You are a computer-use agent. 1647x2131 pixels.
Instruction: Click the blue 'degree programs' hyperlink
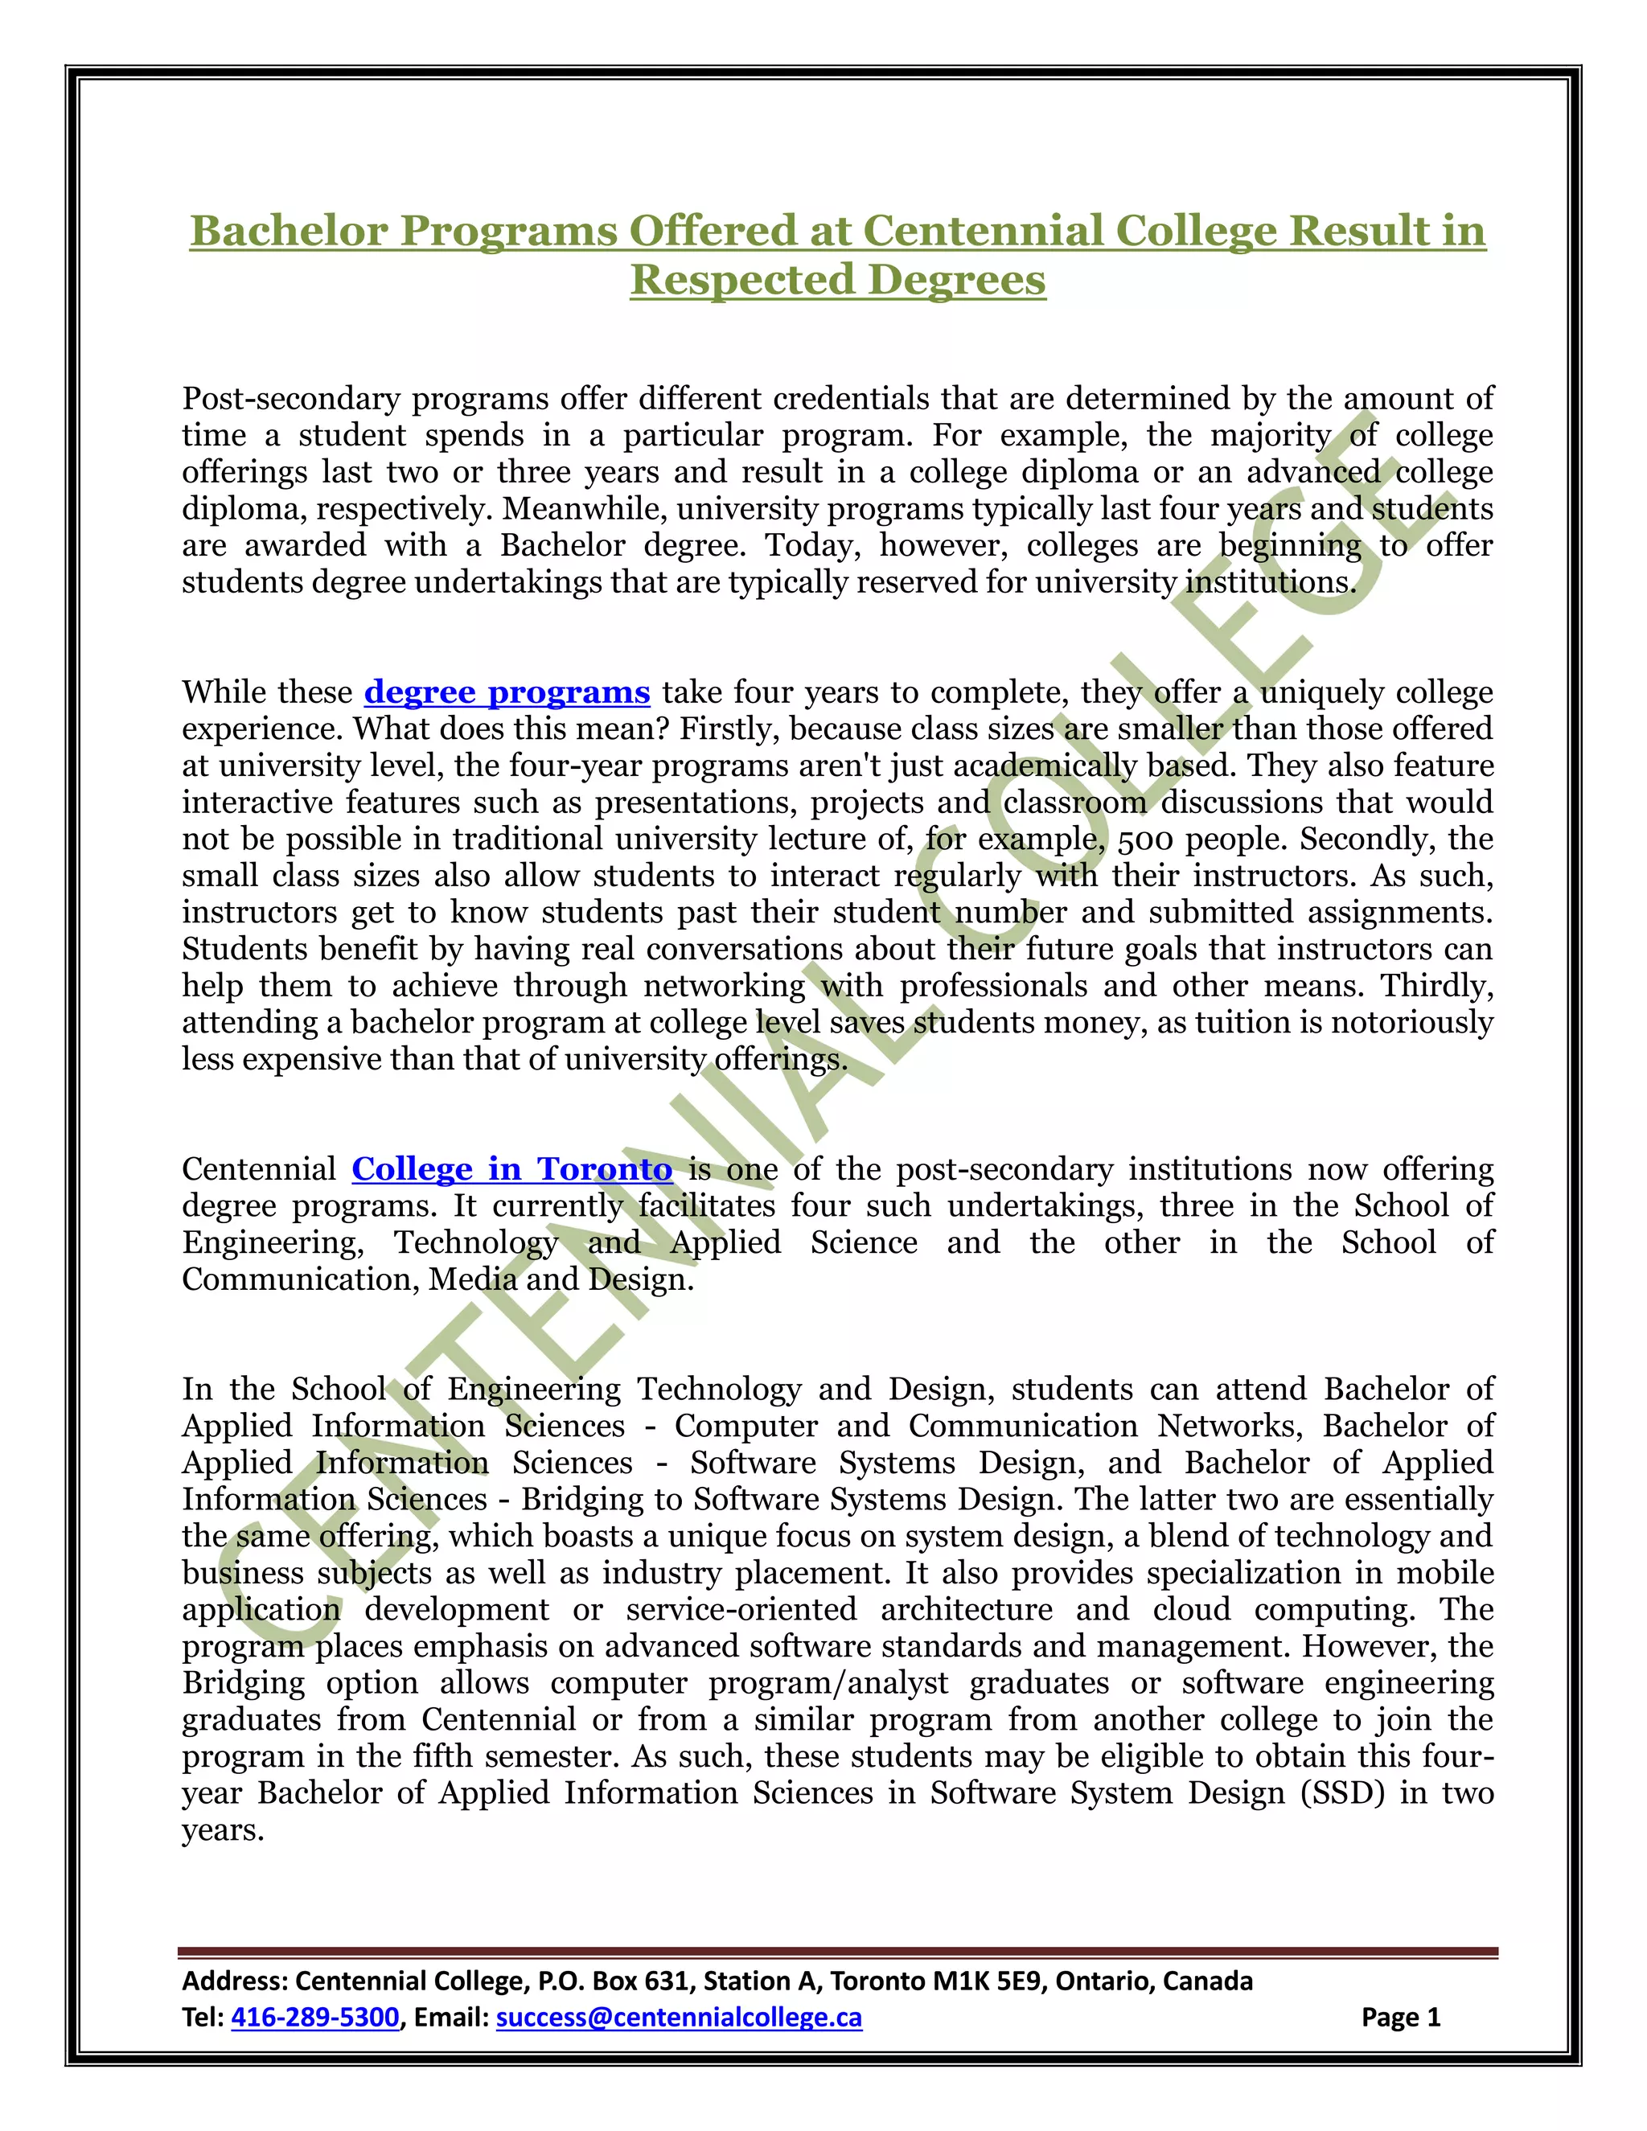(507, 692)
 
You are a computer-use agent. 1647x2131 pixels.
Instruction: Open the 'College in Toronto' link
(511, 1169)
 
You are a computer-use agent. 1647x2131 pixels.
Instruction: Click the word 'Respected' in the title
(741, 280)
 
